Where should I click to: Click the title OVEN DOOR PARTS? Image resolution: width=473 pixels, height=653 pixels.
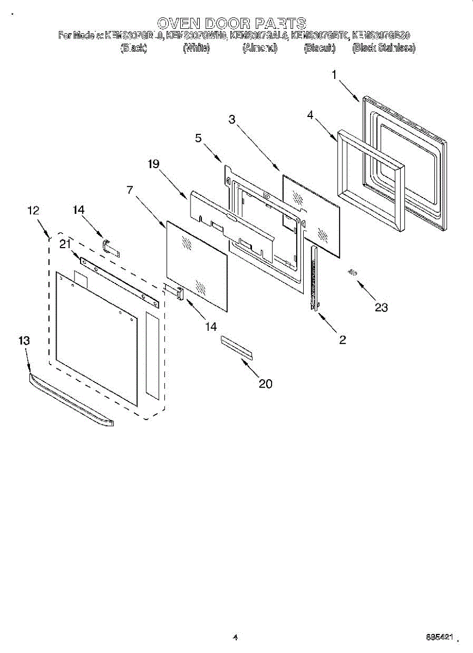pos(232,23)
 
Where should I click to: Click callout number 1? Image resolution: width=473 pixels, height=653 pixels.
pos(334,75)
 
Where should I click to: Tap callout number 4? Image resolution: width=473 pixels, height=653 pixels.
pos(310,115)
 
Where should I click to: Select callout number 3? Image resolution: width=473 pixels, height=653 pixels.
pos(232,120)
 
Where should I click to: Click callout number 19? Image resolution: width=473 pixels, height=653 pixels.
pos(153,164)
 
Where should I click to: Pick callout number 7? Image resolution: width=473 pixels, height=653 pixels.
pos(130,190)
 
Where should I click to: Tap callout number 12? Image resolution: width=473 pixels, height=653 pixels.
pos(33,210)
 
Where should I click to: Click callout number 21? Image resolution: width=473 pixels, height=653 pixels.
pos(65,244)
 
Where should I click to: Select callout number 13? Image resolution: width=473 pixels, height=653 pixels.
pos(24,340)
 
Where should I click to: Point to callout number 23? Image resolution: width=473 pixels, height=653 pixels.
pos(381,307)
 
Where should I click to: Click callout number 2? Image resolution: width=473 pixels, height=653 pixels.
pos(342,340)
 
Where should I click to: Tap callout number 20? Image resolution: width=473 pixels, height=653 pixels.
pos(265,384)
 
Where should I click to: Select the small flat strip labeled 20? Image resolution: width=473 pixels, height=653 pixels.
pos(237,347)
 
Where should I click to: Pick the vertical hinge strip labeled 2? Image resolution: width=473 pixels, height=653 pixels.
pos(314,278)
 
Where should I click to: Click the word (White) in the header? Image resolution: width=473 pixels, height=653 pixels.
pos(196,48)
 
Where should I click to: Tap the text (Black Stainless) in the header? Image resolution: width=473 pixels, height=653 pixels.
pos(384,48)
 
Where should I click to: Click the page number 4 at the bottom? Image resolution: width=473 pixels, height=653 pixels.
pos(235,637)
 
